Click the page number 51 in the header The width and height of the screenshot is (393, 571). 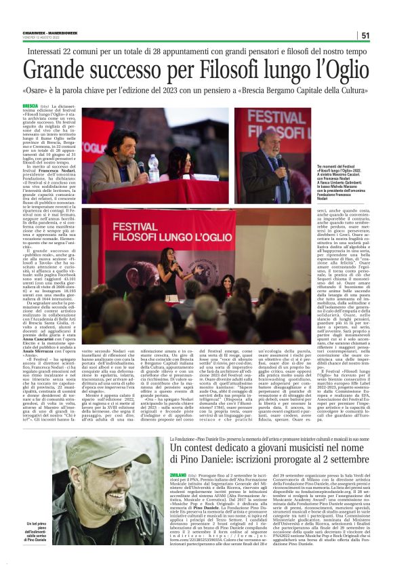[x=365, y=35]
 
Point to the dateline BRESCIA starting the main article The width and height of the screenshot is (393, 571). [x=30, y=106]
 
